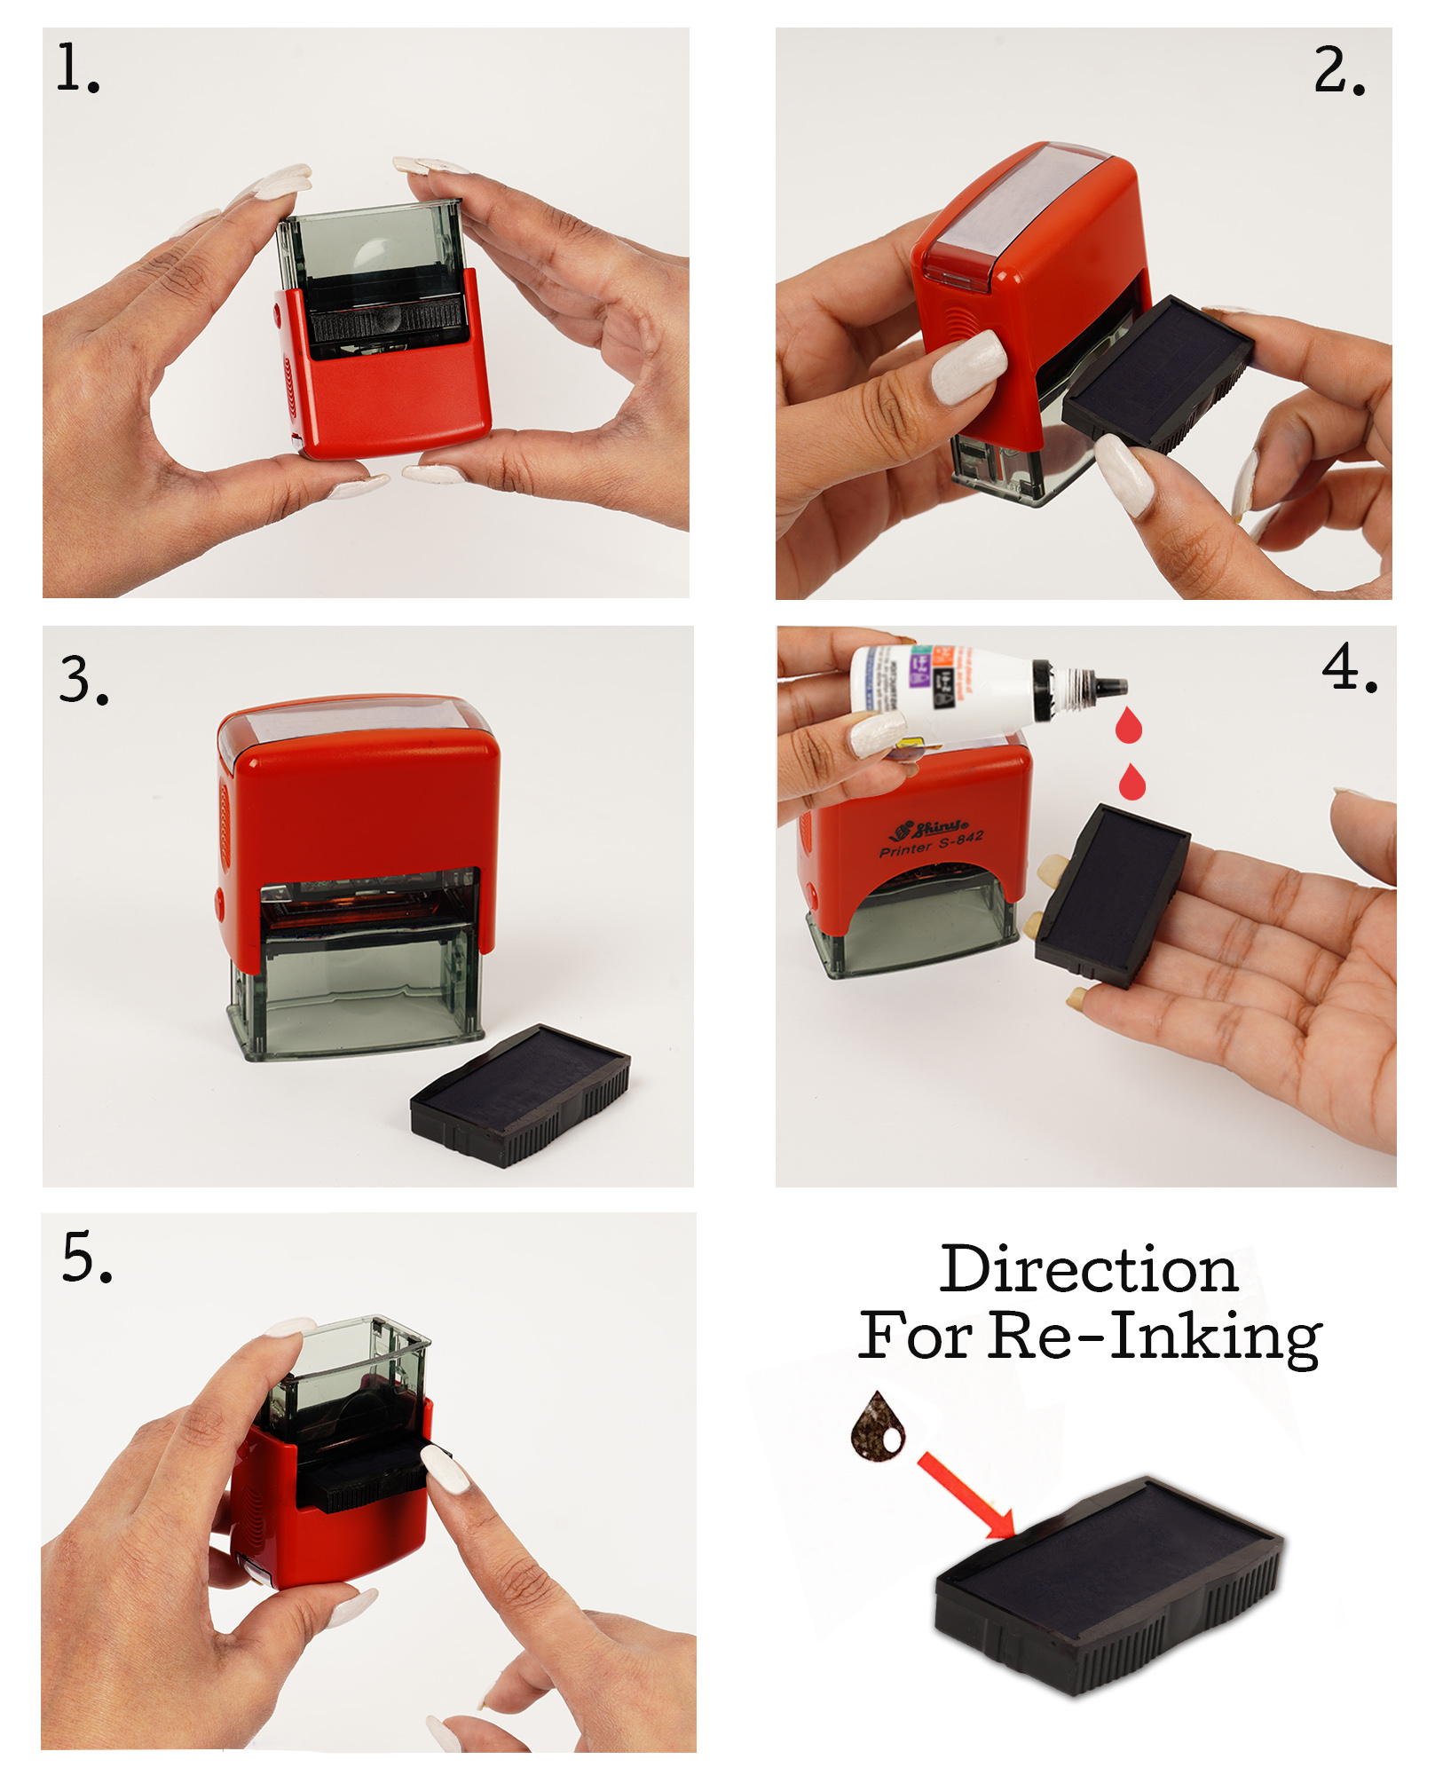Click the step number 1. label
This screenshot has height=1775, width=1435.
[x=77, y=69]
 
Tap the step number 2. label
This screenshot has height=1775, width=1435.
[x=1338, y=70]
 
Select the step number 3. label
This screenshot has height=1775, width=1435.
[x=83, y=681]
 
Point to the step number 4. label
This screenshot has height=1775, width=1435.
[x=1349, y=667]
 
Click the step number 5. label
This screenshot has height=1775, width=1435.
[x=86, y=1258]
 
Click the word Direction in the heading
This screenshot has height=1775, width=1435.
[x=1089, y=1270]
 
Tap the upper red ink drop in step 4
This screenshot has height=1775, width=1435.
[x=1128, y=727]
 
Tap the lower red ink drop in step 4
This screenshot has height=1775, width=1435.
[x=1131, y=783]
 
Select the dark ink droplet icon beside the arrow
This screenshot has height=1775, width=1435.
[x=878, y=1427]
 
